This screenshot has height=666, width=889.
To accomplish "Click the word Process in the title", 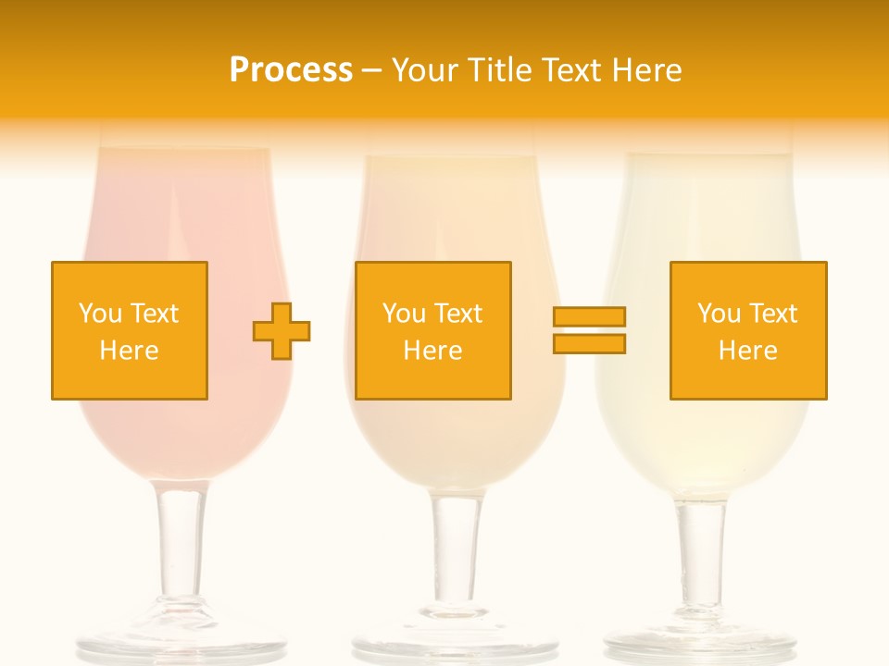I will tap(291, 70).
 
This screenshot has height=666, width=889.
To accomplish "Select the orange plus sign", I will tap(282, 330).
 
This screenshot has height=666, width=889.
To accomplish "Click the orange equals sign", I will tap(589, 330).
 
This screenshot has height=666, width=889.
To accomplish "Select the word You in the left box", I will tap(100, 314).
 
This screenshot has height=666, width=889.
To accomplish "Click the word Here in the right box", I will tap(748, 351).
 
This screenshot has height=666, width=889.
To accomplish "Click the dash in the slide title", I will tap(371, 71).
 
